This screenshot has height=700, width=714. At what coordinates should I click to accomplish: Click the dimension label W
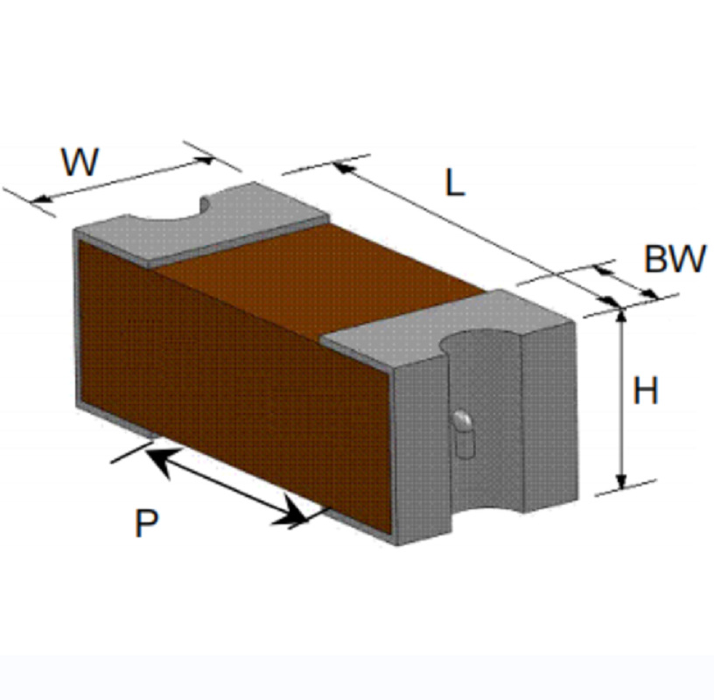(x=80, y=163)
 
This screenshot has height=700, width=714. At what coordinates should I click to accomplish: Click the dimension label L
(x=454, y=183)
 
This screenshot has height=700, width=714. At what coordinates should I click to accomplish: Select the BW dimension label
(x=674, y=260)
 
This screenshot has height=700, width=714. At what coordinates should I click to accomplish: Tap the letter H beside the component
(x=646, y=391)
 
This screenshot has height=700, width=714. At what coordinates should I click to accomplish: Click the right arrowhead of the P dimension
(x=293, y=515)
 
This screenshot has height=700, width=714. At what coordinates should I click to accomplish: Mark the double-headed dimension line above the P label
(x=226, y=486)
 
